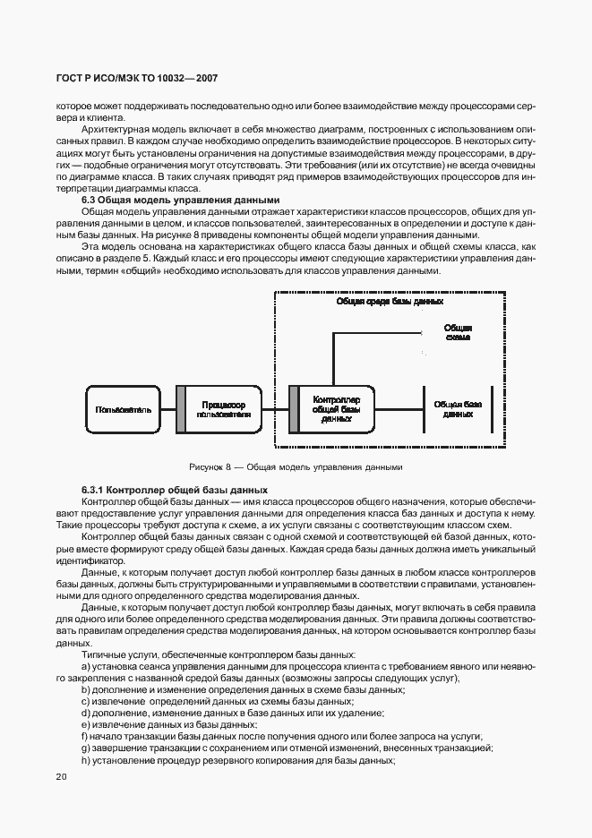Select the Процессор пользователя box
(225, 409)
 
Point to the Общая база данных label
(458, 409)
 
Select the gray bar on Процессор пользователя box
(181, 409)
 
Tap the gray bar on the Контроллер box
(292, 409)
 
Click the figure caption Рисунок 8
(296, 466)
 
